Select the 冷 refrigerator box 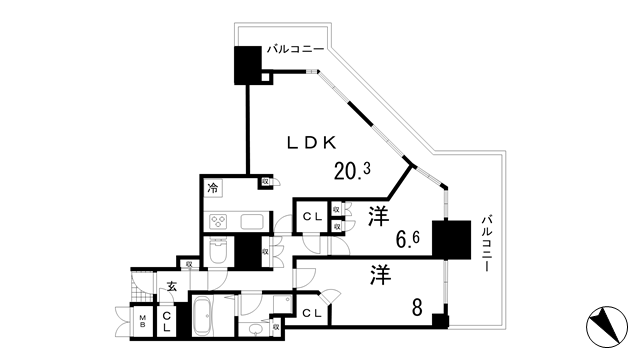[x=213, y=187]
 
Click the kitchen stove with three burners [x=218, y=222]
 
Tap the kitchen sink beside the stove [x=250, y=222]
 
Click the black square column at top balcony [x=247, y=66]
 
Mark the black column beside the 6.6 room [x=450, y=240]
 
